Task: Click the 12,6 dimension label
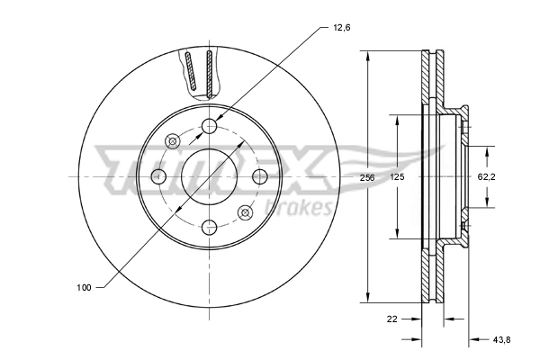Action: coord(340,28)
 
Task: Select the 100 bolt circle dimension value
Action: coord(85,287)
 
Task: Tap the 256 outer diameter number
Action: coord(366,178)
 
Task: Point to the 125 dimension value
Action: coord(398,178)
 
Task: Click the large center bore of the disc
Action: coord(209,175)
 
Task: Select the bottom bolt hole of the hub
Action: coord(209,226)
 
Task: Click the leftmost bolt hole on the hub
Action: coord(158,175)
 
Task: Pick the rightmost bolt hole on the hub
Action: coord(260,175)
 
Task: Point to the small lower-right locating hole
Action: coord(245,211)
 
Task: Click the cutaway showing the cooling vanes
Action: coord(200,72)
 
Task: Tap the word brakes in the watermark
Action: coord(301,208)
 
